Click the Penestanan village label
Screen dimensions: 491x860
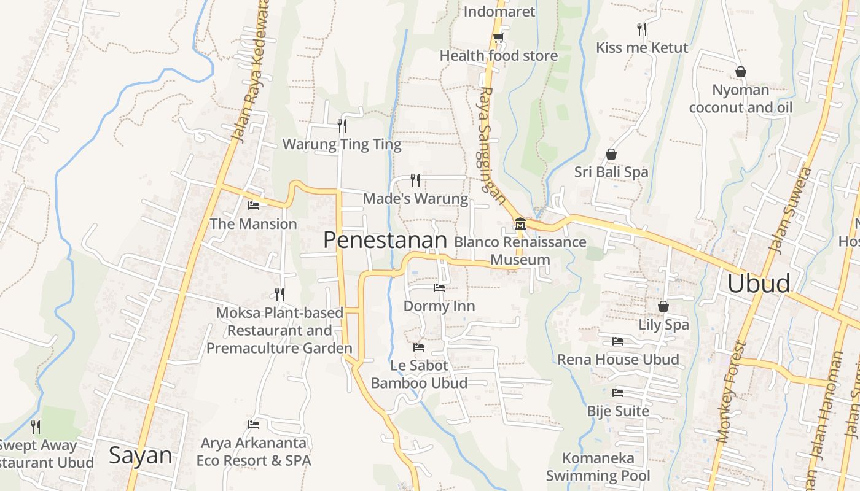click(x=385, y=240)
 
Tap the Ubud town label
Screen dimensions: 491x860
click(x=759, y=284)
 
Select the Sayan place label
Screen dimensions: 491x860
click(x=141, y=455)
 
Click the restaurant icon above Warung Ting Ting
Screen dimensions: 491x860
click(x=342, y=125)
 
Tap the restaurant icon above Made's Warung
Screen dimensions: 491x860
click(x=416, y=180)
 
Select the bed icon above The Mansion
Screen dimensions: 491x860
click(x=253, y=205)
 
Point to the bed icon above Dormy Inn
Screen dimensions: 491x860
click(x=439, y=287)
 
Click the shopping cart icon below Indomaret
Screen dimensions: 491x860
click(x=498, y=37)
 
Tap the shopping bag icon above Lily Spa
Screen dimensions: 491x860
click(x=663, y=306)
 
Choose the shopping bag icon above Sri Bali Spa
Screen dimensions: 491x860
click(x=611, y=153)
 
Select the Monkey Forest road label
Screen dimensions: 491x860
click(x=730, y=393)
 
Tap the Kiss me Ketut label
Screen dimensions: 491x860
click(x=642, y=47)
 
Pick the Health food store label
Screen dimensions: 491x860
click(x=499, y=56)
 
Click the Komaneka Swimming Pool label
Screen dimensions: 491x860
click(x=598, y=466)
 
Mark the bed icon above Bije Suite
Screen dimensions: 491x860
click(x=618, y=392)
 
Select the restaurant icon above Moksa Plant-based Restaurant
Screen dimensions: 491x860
click(x=279, y=295)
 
